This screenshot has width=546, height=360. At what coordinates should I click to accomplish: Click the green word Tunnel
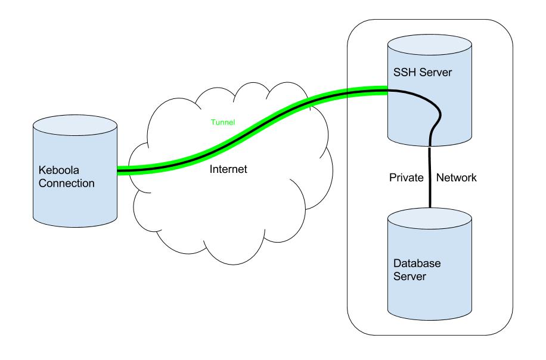click(x=224, y=123)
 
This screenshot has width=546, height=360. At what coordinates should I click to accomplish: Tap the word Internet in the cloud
click(x=228, y=169)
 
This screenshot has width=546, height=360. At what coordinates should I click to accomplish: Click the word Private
click(x=407, y=177)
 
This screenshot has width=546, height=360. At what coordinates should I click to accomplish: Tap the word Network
click(x=457, y=177)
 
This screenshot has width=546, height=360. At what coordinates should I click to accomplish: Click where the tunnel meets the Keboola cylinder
click(x=118, y=171)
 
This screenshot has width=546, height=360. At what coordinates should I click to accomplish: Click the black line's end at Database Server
click(x=429, y=209)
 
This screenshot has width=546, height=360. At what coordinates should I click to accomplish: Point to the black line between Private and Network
click(x=429, y=178)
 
